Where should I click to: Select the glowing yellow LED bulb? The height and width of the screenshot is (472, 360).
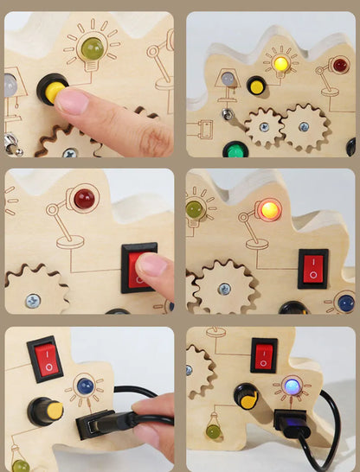click(x=280, y=63)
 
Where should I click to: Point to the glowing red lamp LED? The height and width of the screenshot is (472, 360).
click(x=268, y=208)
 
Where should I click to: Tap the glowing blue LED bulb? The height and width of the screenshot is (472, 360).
click(x=291, y=386)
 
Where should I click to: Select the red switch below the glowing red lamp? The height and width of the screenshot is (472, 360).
click(x=312, y=268)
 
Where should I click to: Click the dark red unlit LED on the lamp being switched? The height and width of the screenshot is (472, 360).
click(x=84, y=199)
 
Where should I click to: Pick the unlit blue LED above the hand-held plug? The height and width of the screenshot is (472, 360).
click(x=85, y=386)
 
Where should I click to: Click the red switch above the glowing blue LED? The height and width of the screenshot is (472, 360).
click(x=264, y=354)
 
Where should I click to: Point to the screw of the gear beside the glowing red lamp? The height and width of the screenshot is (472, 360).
click(x=224, y=290)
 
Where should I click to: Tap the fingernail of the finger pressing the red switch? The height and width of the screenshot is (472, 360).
click(x=149, y=265)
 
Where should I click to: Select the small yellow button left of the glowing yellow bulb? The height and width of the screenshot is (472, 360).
click(x=255, y=86)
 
